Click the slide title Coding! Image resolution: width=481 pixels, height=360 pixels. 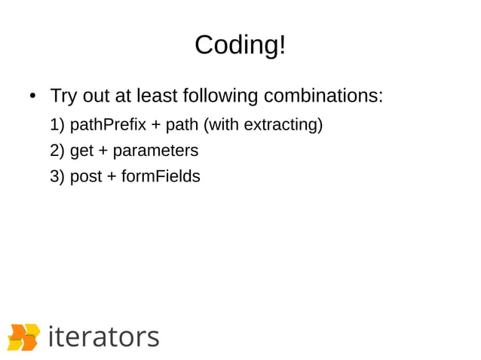(240, 45)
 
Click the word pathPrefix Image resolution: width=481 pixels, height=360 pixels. (105, 124)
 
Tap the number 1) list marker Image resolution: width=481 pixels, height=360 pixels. (57, 124)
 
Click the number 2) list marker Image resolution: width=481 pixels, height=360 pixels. (57, 151)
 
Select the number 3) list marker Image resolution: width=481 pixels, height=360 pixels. (57, 177)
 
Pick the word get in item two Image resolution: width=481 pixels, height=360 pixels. (81, 151)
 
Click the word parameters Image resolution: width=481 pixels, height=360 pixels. (156, 151)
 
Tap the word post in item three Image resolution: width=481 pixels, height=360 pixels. (85, 177)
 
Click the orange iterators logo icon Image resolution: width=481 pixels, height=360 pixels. (23, 337)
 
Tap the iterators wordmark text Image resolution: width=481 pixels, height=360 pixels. (103, 336)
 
